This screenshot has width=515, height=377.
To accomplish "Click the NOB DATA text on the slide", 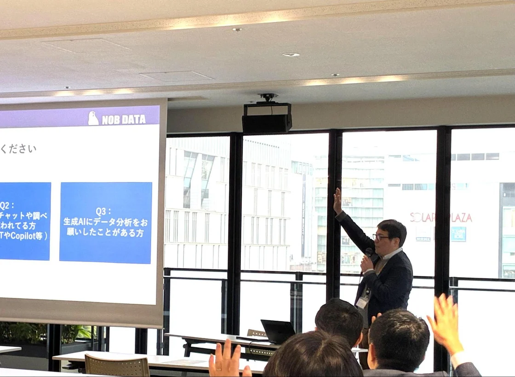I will pos(123,120).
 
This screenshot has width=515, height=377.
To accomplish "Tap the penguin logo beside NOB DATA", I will pos(93,118).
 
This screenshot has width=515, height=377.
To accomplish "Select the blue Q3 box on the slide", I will pos(106,223).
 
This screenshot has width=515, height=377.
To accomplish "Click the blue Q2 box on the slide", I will pos(25,221).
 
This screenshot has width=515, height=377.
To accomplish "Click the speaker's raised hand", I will pos(338,201).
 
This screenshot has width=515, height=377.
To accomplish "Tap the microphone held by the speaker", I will pos(368,253).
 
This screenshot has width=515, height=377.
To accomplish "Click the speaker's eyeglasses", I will pos(380,237).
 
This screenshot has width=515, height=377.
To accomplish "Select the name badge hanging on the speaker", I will pos(363,301).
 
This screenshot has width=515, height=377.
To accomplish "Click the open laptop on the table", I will pos(278,331).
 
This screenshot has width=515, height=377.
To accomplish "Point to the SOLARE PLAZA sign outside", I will pos(441,217).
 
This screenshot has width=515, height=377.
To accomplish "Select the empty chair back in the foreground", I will pos(117,366).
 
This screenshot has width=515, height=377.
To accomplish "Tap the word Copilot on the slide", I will pos(28,236).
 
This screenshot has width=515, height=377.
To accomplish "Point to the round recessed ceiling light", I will pos(291,55).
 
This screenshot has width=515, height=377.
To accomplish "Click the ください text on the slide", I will pos(18,149).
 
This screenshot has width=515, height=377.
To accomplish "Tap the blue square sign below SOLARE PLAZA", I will pos(458,234).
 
